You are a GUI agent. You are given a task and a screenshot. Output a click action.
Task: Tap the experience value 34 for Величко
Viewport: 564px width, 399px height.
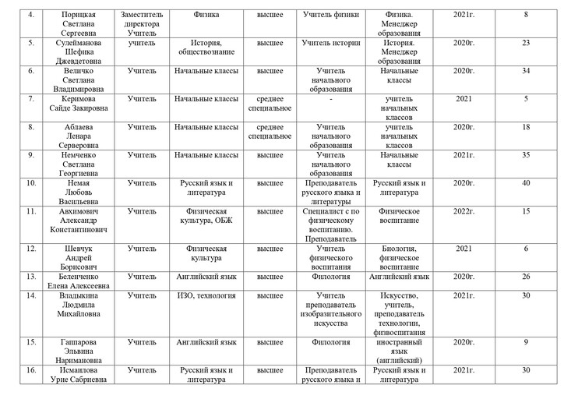pos(527,70)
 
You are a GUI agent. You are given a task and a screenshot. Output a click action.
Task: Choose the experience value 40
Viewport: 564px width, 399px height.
pos(527,183)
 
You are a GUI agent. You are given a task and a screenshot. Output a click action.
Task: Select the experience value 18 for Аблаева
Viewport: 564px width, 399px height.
pos(527,126)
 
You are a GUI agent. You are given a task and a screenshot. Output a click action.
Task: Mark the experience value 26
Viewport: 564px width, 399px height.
pos(527,277)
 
